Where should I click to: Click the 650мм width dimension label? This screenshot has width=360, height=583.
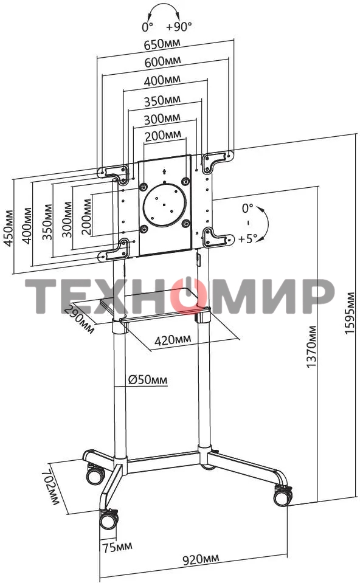click(162, 44)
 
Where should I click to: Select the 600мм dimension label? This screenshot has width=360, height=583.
click(162, 61)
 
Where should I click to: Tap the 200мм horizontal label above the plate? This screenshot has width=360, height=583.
click(163, 136)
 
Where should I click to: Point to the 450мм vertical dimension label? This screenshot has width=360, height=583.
click(9, 228)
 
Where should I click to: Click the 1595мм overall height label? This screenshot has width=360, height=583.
click(350, 313)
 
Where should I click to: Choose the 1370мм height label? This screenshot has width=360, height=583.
click(311, 347)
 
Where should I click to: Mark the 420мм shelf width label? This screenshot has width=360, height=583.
click(173, 339)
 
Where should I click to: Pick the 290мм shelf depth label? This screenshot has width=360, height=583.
click(79, 319)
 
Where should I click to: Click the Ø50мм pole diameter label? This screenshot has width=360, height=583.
click(148, 379)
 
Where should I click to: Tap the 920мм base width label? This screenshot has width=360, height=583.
click(201, 559)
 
